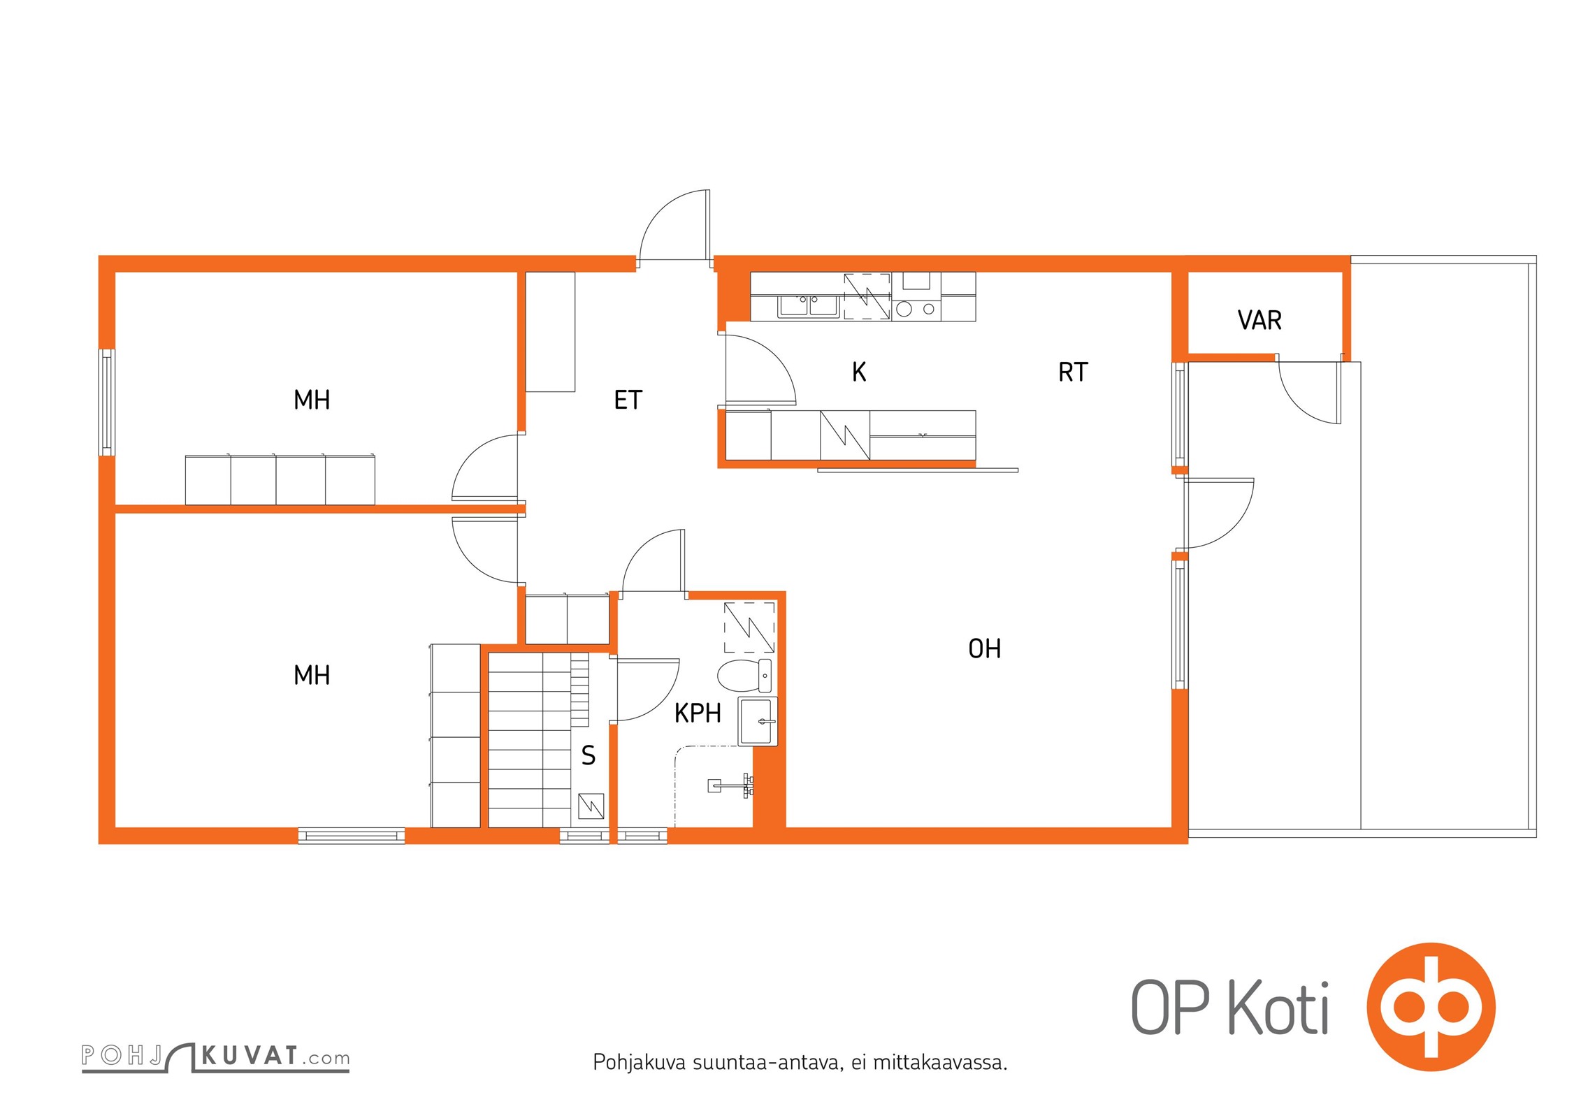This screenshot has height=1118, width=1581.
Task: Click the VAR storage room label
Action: tap(1259, 320)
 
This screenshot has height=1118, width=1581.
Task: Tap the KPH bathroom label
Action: tap(698, 713)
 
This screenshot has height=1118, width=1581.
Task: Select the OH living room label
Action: tap(984, 648)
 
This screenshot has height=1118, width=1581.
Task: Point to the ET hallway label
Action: tap(628, 400)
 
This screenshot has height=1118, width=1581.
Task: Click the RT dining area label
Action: tap(1073, 372)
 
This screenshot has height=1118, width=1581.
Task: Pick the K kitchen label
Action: tap(859, 372)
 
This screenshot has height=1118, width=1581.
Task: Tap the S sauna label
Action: tap(589, 755)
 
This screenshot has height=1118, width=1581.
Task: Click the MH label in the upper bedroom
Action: tap(312, 400)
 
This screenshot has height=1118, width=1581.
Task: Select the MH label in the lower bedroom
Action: tap(312, 675)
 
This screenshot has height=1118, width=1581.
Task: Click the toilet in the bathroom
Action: tap(745, 675)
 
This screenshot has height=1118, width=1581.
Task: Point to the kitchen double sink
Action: tap(809, 306)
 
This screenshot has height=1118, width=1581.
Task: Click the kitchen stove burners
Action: tap(916, 309)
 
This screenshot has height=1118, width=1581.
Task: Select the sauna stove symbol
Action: tap(591, 806)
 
